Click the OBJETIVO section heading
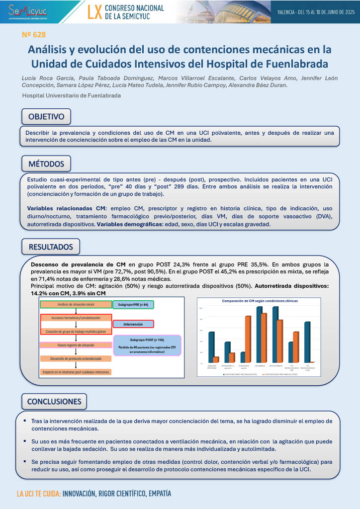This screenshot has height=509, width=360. coord(46,117)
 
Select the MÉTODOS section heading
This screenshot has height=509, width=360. coord(46,164)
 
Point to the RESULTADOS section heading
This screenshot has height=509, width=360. coord(51,247)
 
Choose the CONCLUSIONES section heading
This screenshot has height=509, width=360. coord(54,401)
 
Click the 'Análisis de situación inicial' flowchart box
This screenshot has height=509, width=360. coord(76,304)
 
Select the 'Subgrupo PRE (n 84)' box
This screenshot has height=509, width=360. coord(133,304)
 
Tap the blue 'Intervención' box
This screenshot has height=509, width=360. coord(133,324)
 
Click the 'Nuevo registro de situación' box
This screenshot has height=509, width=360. coord(76,344)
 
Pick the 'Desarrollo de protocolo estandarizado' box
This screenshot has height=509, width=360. coord(76,358)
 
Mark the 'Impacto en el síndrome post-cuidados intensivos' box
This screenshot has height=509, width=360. coord(76,372)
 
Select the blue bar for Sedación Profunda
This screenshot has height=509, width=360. coord(211,347)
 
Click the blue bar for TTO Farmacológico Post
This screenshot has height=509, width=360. coord(307,342)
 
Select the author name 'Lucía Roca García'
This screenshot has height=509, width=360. coord(46,79)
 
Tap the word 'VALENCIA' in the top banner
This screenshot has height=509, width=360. coord(286,11)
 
